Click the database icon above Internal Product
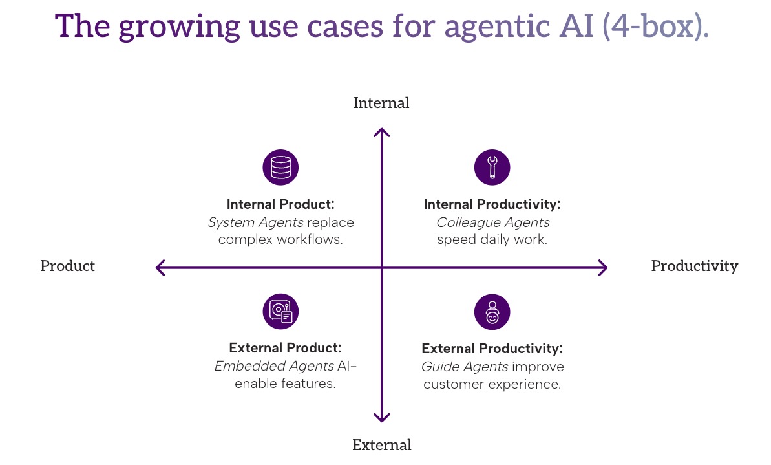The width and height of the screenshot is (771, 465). [x=280, y=168]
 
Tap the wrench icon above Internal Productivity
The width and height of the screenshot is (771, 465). [x=492, y=168]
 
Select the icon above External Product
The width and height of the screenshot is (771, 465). [x=280, y=312]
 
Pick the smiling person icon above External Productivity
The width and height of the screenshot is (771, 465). [x=492, y=312]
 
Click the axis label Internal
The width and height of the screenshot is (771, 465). [x=381, y=103]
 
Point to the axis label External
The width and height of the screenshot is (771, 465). [x=381, y=445]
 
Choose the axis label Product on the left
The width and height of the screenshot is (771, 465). [x=67, y=266]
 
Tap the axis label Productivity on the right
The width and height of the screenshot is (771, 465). [x=694, y=266]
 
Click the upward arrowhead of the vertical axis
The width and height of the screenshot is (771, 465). [x=382, y=131]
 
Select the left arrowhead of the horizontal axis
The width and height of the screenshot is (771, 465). [x=160, y=267]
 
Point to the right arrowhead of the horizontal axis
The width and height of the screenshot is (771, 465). [x=604, y=267]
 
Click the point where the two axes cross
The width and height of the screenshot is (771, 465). [x=382, y=267]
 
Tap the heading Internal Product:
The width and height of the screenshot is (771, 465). [x=280, y=204]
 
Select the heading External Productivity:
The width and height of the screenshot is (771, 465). [x=492, y=349]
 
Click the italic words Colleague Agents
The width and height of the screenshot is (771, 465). [x=492, y=222]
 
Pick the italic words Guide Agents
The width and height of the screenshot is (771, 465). [x=464, y=367]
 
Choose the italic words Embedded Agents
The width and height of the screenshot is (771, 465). [x=274, y=366]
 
